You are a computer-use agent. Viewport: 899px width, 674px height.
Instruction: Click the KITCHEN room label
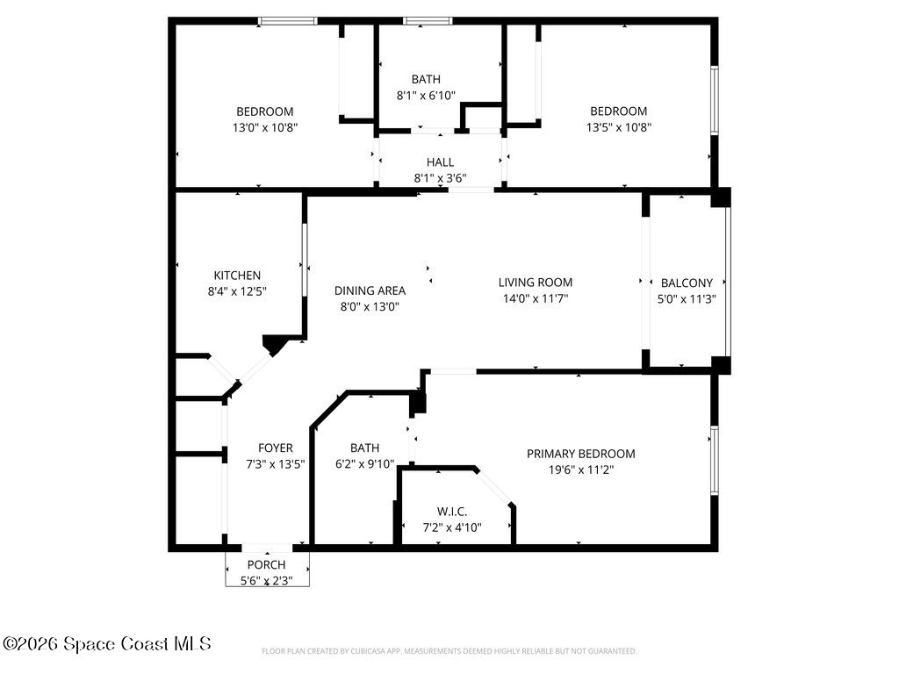[236, 276]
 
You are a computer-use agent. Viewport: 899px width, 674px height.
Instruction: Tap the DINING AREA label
[370, 290]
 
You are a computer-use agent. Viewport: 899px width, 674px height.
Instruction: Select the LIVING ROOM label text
[535, 283]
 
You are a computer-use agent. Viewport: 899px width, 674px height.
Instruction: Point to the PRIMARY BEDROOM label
[580, 454]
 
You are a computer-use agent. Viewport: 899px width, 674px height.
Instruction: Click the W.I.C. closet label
[452, 512]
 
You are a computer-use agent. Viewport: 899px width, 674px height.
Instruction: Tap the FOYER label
[275, 448]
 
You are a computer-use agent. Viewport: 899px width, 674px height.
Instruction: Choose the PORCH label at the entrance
[266, 564]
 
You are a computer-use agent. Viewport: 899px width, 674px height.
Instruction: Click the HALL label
[440, 162]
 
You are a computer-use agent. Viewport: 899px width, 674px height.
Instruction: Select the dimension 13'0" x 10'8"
[264, 127]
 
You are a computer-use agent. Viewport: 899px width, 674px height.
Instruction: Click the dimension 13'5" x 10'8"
[618, 127]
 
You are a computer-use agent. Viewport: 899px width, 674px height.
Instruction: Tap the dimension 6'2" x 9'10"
[364, 464]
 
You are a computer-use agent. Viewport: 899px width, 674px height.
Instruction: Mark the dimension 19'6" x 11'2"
[580, 470]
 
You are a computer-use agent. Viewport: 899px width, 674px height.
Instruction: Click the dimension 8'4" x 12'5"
[236, 291]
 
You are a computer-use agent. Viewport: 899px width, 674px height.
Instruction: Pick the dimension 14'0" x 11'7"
[535, 298]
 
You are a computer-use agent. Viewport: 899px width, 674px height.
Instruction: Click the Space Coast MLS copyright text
[106, 644]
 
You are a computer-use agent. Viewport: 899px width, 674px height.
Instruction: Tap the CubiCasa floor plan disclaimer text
[449, 651]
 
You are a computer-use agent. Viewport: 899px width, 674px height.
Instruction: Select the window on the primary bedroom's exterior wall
[714, 460]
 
